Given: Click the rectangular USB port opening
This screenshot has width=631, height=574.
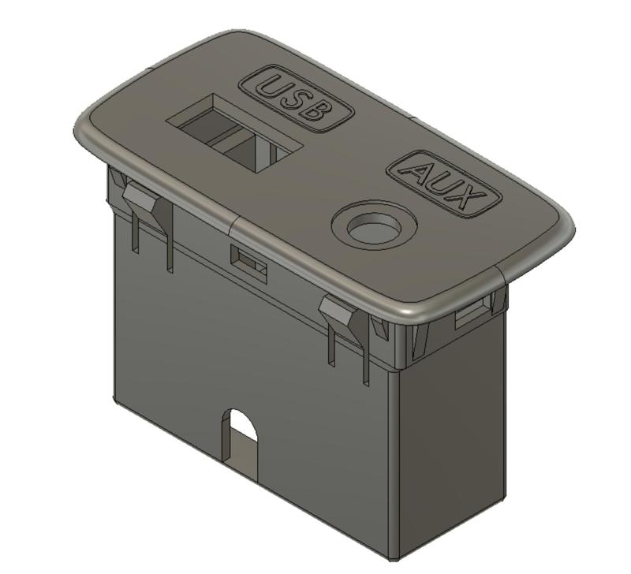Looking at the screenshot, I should coord(233,132).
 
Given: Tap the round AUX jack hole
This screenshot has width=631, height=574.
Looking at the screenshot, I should coord(373,229).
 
